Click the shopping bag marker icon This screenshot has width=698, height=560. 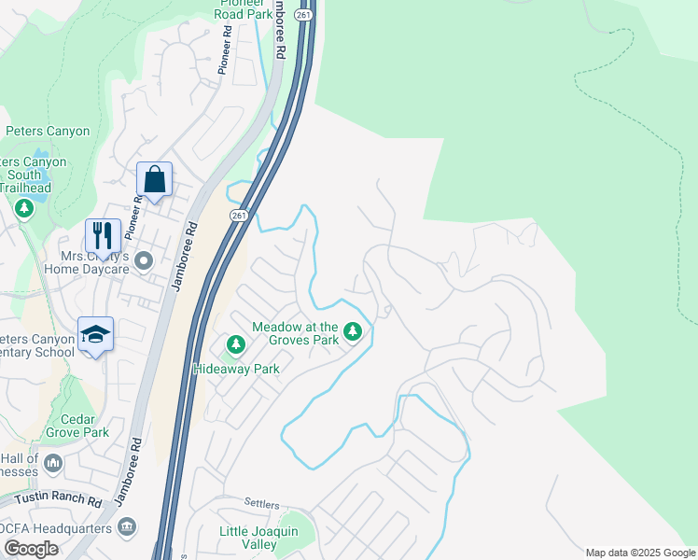pos(154,179)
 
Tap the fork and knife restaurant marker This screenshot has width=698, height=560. pos(103,234)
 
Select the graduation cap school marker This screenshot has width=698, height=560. pos(94,334)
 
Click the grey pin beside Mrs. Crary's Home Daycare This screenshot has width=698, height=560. pos(143,260)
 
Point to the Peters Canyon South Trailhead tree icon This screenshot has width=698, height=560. pos(24,207)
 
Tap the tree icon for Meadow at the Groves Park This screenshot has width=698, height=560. pos(352,331)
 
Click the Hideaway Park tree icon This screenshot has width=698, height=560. pos(236,346)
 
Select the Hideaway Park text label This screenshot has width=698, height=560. pos(236,369)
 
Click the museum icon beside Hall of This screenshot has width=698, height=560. pos(54,462)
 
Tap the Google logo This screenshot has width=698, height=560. pos(31,549)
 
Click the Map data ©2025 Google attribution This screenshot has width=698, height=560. pos(639,553)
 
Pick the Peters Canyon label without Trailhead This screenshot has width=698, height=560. pos(48,132)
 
